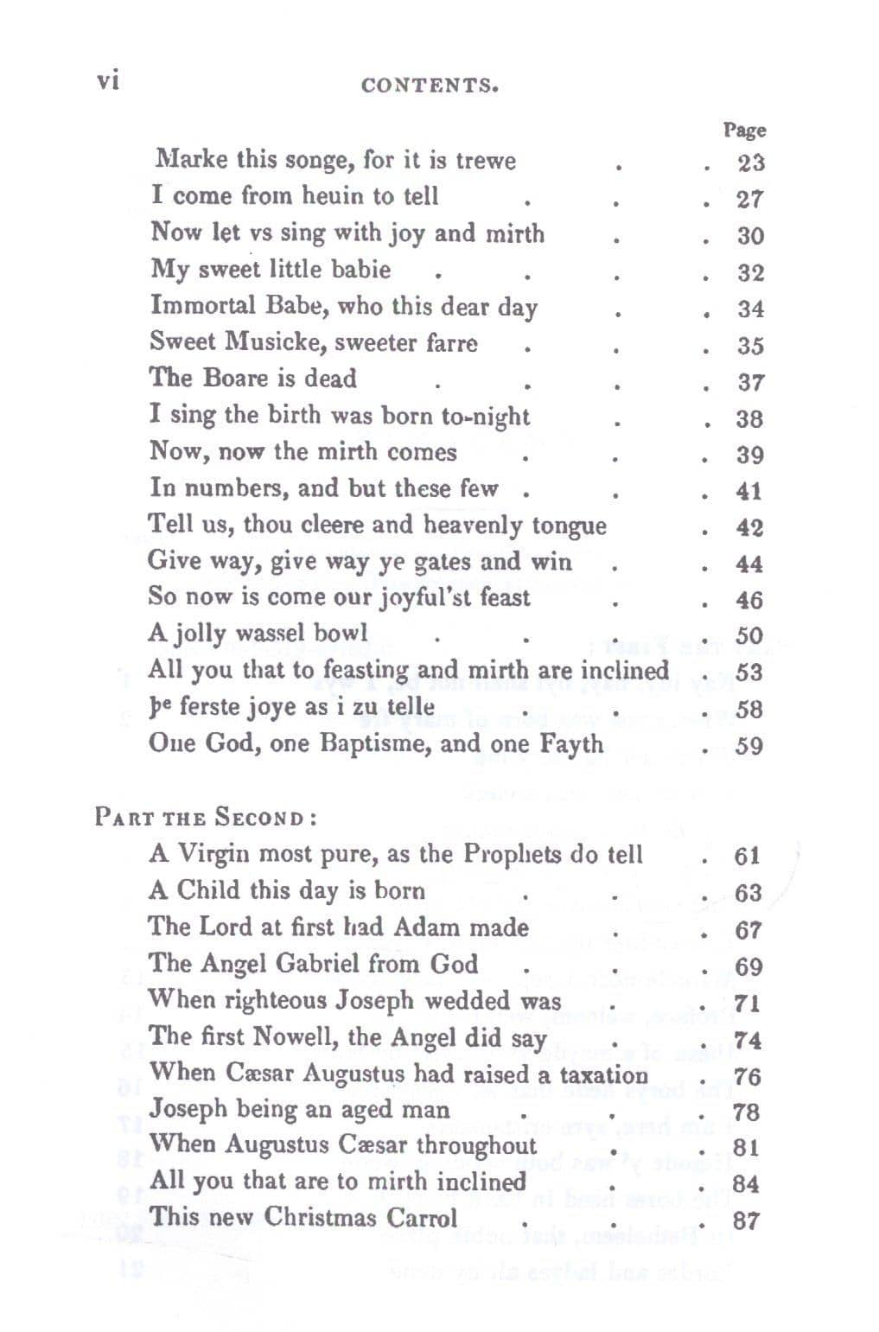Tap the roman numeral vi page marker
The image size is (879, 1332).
pyautogui.click(x=107, y=80)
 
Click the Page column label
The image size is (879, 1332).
pyautogui.click(x=744, y=131)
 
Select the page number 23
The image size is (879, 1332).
pyautogui.click(x=749, y=163)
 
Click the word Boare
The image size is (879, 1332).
pyautogui.click(x=237, y=379)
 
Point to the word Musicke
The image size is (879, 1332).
pyautogui.click(x=275, y=342)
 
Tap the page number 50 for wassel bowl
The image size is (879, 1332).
pyautogui.click(x=748, y=635)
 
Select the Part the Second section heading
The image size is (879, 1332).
pyautogui.click(x=205, y=817)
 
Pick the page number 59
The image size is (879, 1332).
pyautogui.click(x=748, y=745)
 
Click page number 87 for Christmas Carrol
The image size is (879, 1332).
pyautogui.click(x=746, y=1220)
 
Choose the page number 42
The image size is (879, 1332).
pyautogui.click(x=748, y=527)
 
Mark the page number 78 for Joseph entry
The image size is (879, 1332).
pyautogui.click(x=746, y=1112)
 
